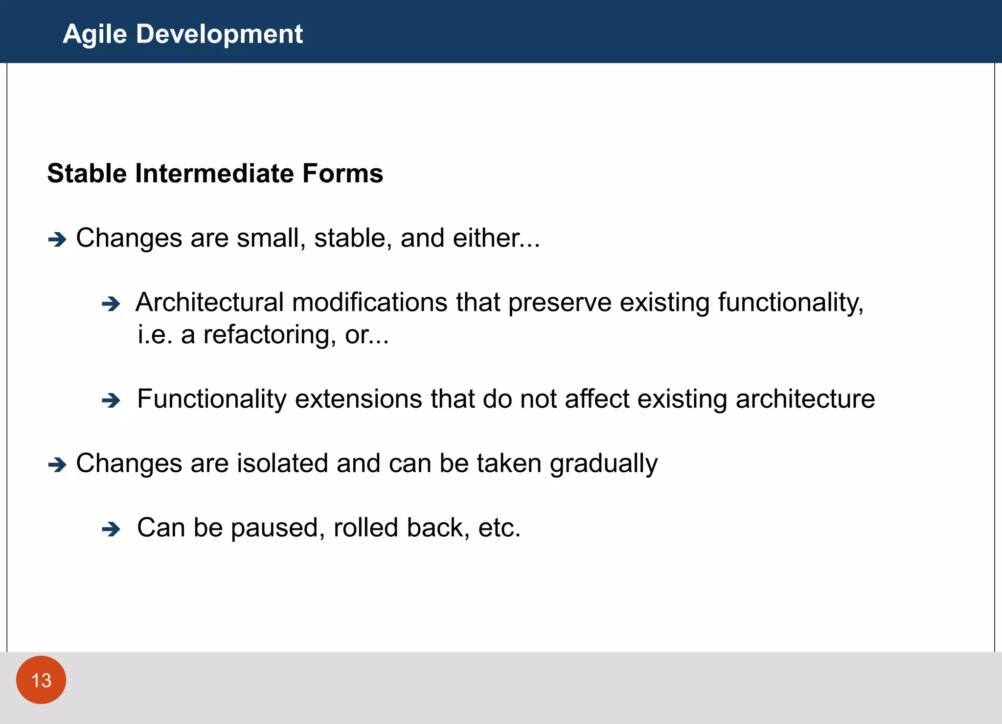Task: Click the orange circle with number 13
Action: [41, 680]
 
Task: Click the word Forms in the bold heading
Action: [342, 174]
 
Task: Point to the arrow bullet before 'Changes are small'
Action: [57, 240]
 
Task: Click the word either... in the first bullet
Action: [496, 238]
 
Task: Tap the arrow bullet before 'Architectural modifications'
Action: [111, 304]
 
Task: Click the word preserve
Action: [560, 303]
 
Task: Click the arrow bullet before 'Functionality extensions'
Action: [111, 401]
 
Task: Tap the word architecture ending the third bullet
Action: [805, 399]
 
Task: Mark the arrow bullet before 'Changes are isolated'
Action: [57, 464]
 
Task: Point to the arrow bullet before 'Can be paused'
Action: [111, 529]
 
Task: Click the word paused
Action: [277, 528]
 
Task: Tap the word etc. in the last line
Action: [499, 528]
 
